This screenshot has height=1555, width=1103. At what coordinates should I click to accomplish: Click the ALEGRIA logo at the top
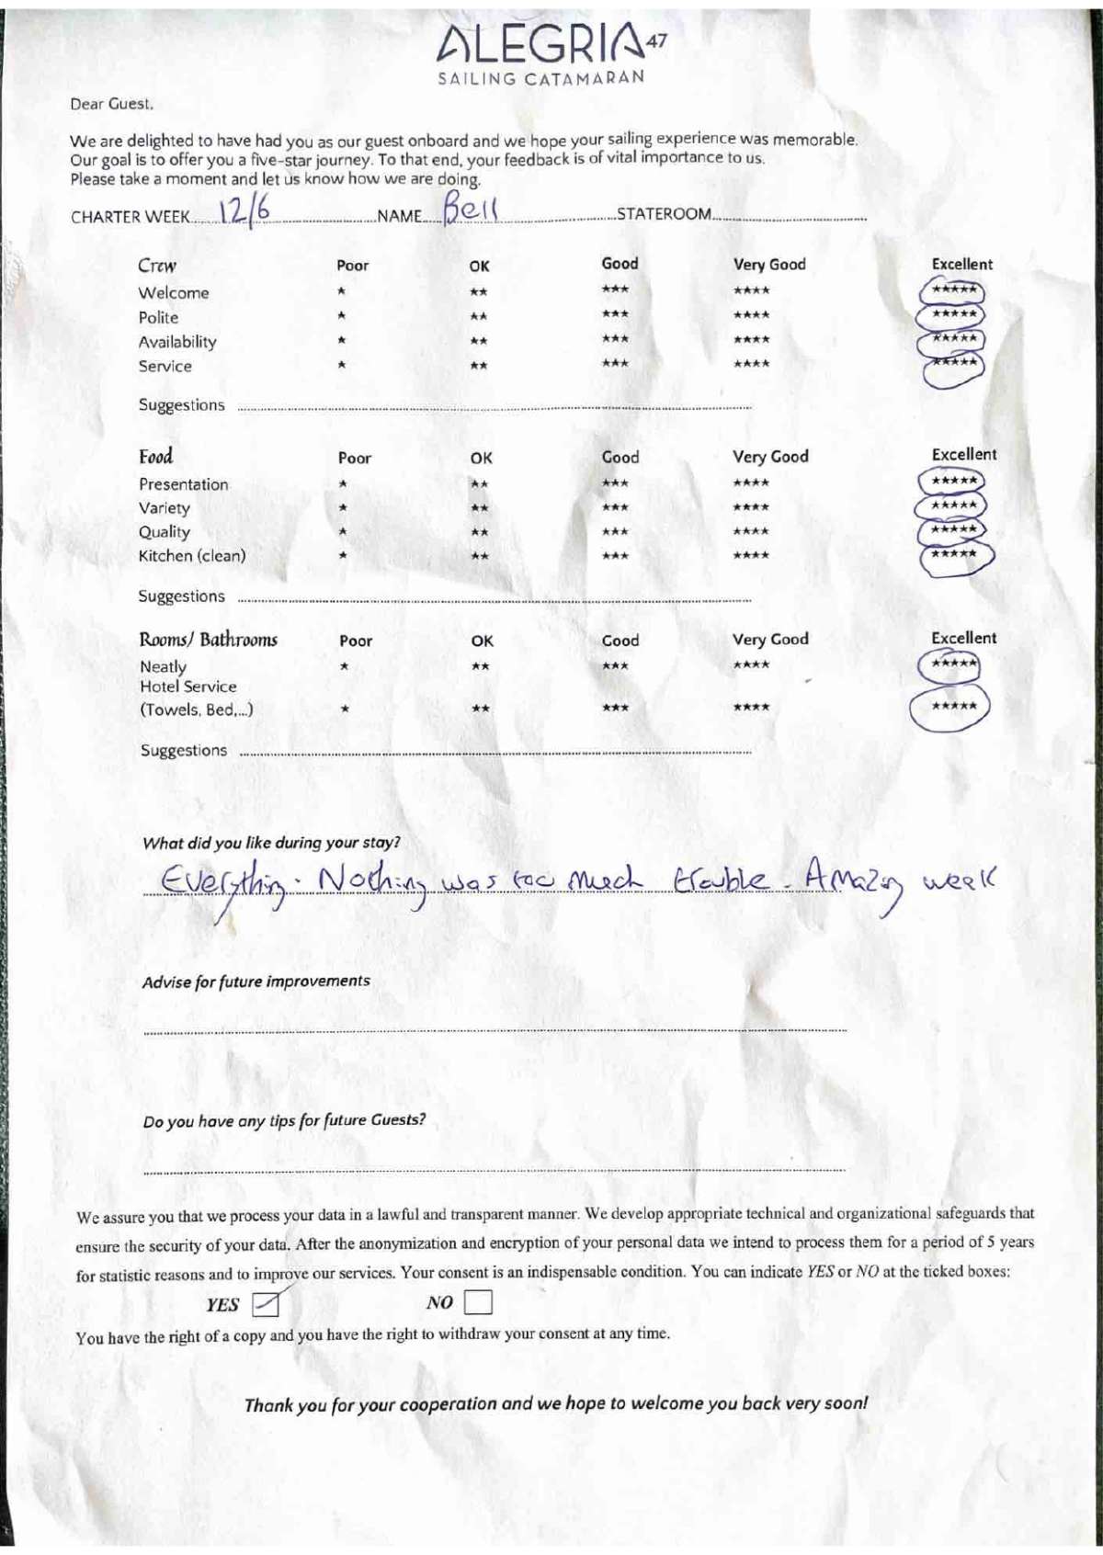pyautogui.click(x=550, y=43)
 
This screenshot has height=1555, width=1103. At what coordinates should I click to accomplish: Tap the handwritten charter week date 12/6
pyautogui.click(x=244, y=211)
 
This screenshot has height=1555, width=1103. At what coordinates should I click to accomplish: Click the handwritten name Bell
pyautogui.click(x=470, y=209)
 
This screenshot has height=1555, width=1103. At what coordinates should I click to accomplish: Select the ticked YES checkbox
pyautogui.click(x=266, y=1303)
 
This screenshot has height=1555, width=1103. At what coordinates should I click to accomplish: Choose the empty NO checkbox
pyautogui.click(x=478, y=1302)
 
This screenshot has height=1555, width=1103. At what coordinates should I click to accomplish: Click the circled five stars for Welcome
pyautogui.click(x=952, y=291)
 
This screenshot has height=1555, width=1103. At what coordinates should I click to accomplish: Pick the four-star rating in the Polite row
pyautogui.click(x=752, y=315)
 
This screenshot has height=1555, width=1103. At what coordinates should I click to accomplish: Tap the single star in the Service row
pyautogui.click(x=341, y=365)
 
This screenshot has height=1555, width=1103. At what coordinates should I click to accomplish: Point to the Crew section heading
pyautogui.click(x=157, y=266)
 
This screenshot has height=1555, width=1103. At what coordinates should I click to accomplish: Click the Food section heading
pyautogui.click(x=156, y=457)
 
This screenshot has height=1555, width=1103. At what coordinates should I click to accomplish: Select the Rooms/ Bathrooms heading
pyautogui.click(x=208, y=640)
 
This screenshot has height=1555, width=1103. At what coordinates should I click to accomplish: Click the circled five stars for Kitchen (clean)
pyautogui.click(x=955, y=555)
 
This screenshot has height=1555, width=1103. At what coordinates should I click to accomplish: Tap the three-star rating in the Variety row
pyautogui.click(x=615, y=507)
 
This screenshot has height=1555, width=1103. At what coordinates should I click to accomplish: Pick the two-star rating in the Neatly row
pyautogui.click(x=480, y=666)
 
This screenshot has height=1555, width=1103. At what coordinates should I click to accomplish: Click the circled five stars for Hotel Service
pyautogui.click(x=952, y=707)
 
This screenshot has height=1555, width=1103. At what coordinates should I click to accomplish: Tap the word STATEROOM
pyautogui.click(x=664, y=214)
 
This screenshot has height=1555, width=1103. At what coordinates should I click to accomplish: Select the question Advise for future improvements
pyautogui.click(x=256, y=982)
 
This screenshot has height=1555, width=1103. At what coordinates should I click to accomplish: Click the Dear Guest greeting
pyautogui.click(x=111, y=104)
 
